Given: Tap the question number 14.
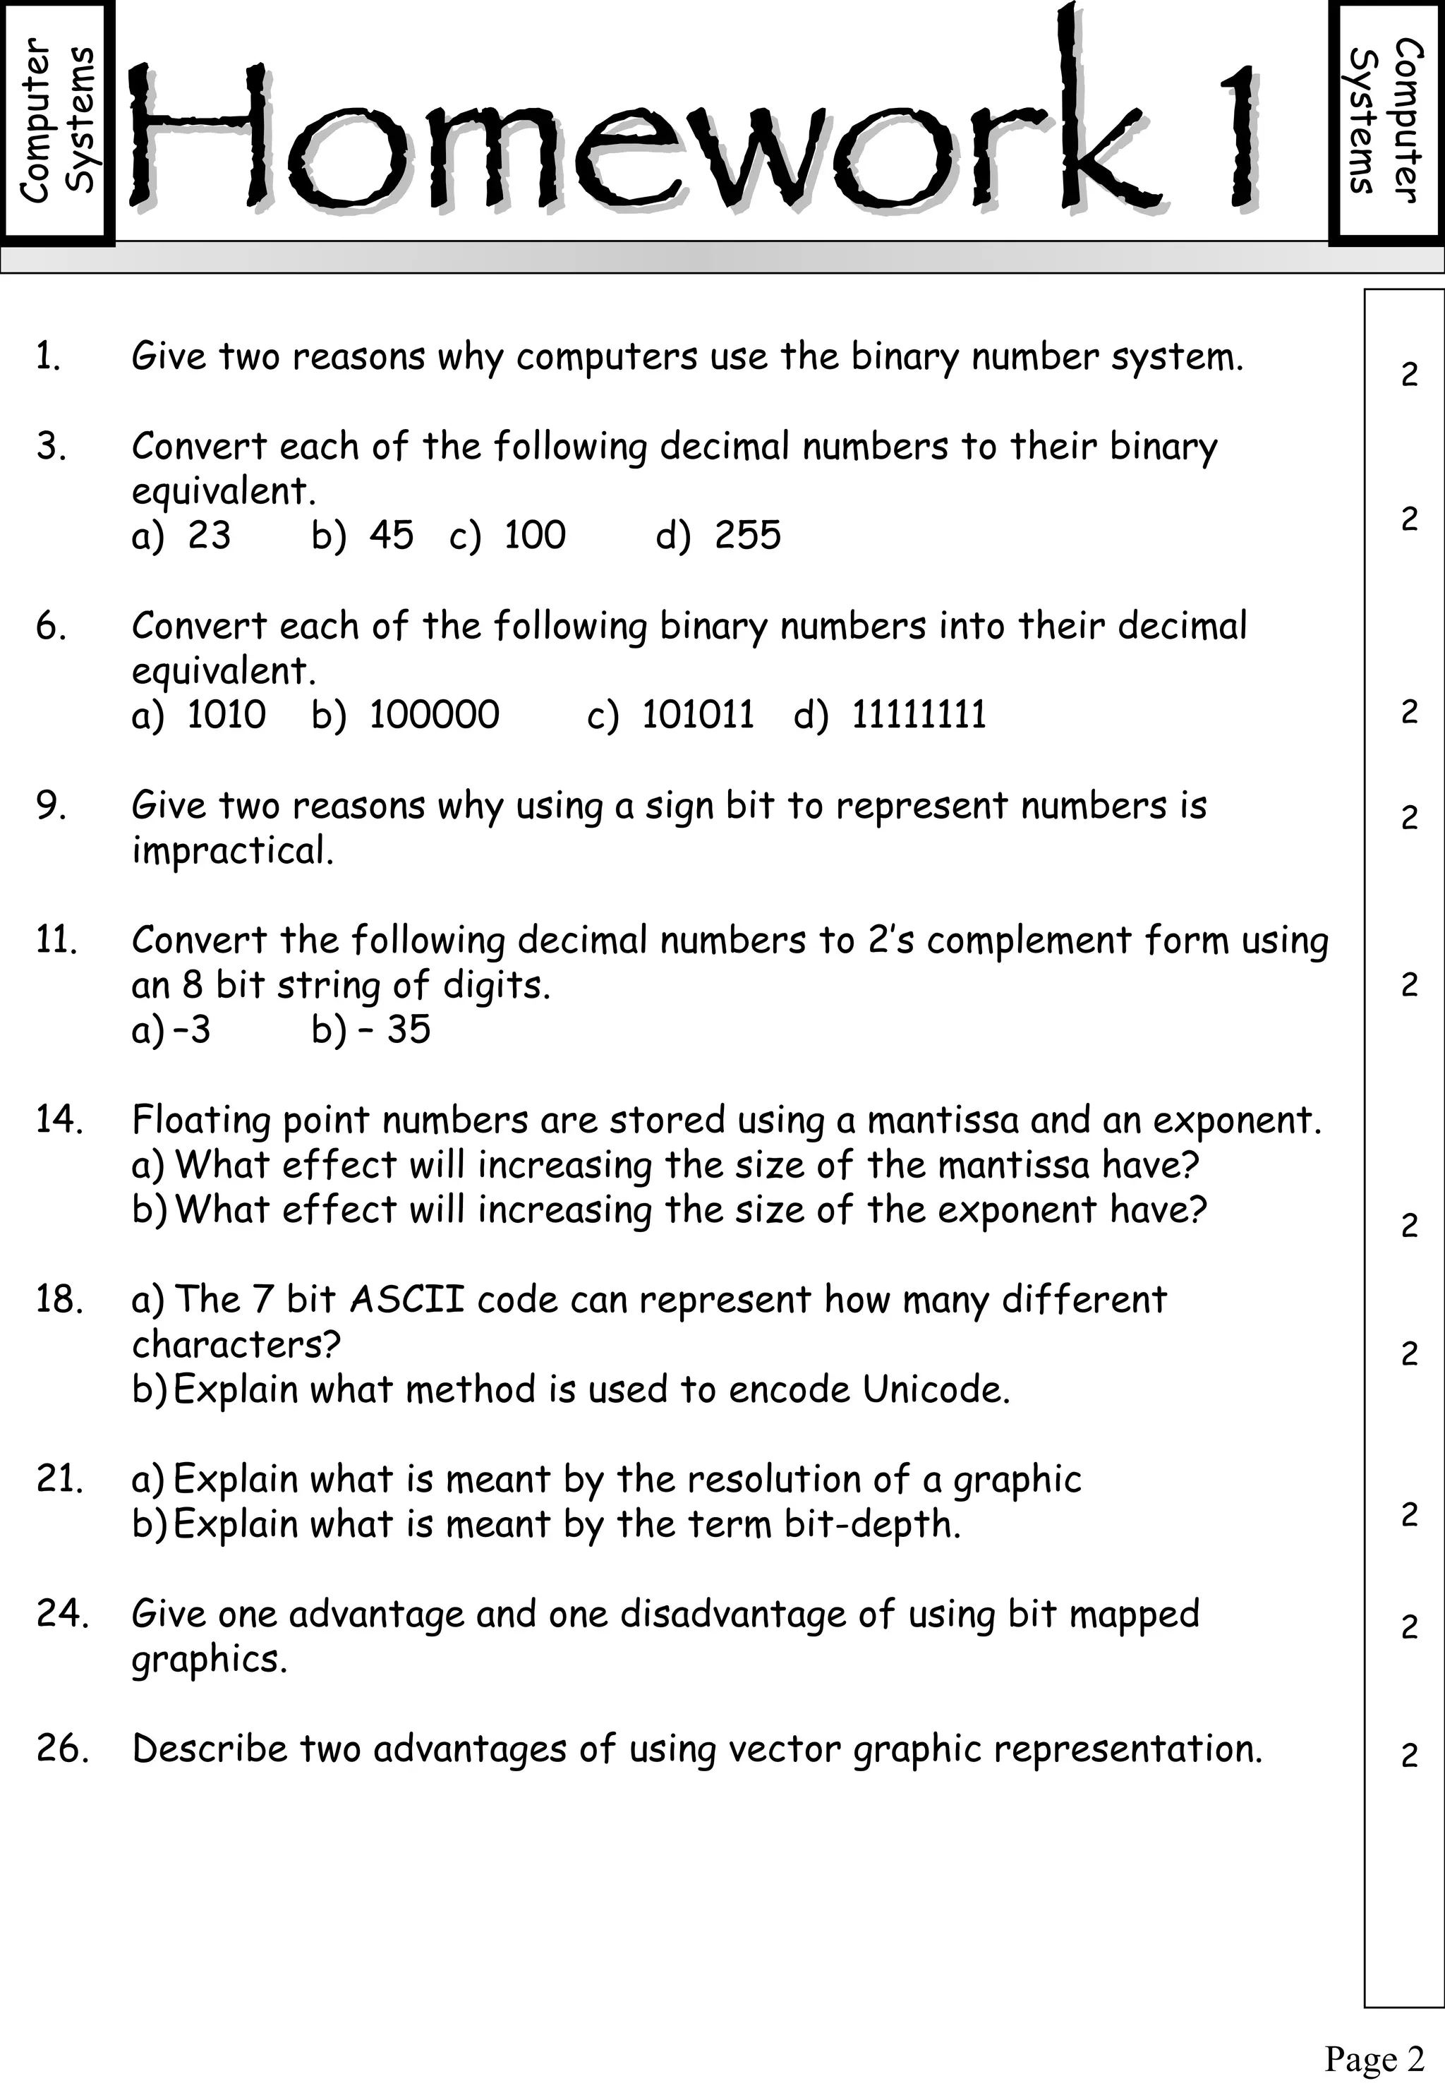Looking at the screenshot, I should tap(60, 1120).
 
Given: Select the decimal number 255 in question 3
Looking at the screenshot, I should tap(747, 535).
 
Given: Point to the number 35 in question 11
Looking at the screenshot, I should tap(409, 1030).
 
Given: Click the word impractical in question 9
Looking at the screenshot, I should tap(233, 851).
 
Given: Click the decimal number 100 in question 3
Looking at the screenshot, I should tap(534, 535).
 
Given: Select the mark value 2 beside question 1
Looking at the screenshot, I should tap(1409, 374).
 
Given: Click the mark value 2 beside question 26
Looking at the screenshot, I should tap(1409, 1756).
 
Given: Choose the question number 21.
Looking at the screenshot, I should tap(60, 1480).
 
